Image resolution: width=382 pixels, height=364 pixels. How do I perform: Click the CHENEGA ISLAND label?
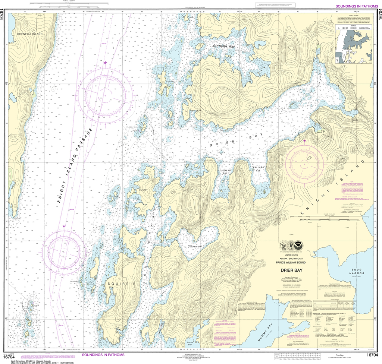30,34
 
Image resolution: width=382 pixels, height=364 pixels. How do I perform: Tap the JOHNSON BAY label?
224,46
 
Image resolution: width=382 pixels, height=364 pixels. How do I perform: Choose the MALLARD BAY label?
259,169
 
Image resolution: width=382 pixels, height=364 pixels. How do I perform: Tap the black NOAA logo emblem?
306,246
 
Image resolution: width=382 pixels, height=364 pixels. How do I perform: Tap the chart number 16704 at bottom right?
373,354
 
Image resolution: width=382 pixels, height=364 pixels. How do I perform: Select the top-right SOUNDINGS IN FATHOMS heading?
356,6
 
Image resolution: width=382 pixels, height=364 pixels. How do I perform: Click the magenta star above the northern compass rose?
106,63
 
